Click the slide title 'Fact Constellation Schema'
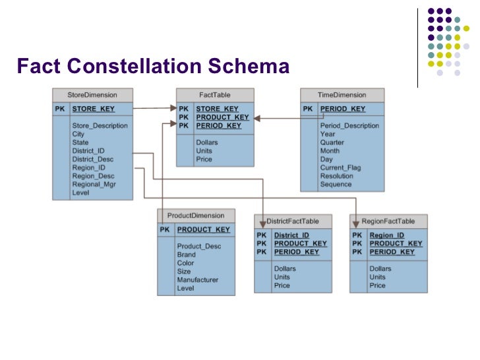[153, 67]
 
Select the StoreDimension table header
[92, 95]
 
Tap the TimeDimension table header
[342, 95]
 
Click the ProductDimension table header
[196, 216]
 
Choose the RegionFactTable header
[388, 222]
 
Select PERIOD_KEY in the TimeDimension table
[342, 109]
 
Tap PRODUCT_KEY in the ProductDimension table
[203, 229]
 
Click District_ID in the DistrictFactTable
[291, 235]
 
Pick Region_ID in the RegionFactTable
[386, 235]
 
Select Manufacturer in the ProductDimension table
[197, 280]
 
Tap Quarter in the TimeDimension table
[333, 142]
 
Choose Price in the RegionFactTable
[377, 285]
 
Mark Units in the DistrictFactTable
[282, 277]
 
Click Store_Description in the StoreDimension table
[100, 125]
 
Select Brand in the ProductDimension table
[186, 255]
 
